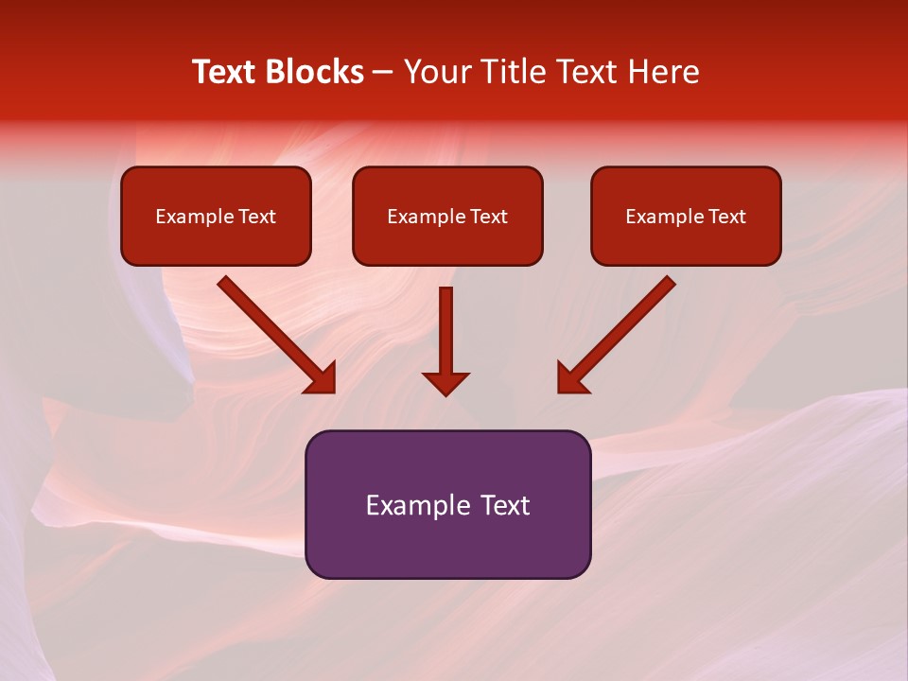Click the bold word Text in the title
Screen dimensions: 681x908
[x=224, y=72]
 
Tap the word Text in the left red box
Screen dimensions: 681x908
[x=257, y=217]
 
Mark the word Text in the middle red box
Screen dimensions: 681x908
[x=489, y=217]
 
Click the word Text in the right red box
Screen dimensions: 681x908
[x=727, y=217]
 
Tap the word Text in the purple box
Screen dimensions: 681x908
[x=506, y=505]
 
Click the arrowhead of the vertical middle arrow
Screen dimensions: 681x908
[x=445, y=382]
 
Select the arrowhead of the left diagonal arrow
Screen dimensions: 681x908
[x=322, y=378]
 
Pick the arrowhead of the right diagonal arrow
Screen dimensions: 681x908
[x=571, y=378]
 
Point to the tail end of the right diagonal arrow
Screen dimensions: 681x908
[x=669, y=283]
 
